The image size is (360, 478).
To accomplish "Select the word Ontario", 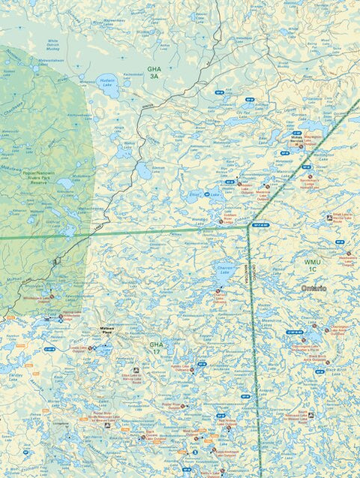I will (313, 288).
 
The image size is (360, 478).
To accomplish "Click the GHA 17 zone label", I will (156, 348).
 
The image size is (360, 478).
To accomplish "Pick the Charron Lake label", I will (223, 269).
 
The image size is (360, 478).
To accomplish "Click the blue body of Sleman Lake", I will (143, 171).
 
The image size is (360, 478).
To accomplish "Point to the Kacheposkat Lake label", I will (134, 75).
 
